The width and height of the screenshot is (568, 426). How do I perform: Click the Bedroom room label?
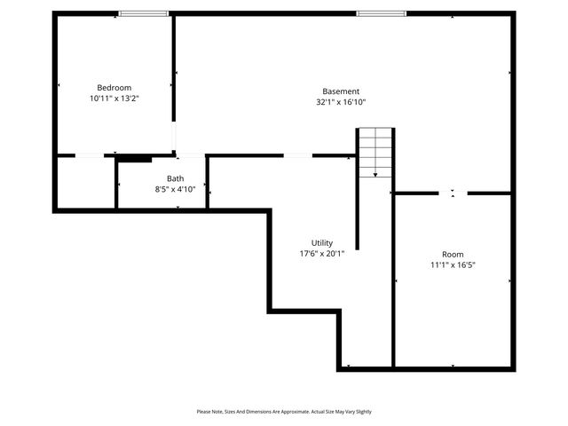114,87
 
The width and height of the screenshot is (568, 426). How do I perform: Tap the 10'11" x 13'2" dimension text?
114,99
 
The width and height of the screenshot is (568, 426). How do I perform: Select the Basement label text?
341,91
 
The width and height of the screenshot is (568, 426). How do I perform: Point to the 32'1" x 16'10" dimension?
341,102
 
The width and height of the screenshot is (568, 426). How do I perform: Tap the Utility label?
322,242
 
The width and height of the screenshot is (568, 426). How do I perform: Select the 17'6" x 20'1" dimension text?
322,253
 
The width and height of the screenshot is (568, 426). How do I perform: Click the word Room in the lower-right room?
453,254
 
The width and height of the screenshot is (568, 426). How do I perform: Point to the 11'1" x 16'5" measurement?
453,264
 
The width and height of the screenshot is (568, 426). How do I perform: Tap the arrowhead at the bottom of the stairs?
375,175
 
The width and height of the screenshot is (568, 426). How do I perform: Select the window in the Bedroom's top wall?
144,13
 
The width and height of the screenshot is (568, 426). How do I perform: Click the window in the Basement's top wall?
382,13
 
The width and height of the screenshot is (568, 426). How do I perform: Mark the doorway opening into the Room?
453,193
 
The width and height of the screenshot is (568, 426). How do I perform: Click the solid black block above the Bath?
134,159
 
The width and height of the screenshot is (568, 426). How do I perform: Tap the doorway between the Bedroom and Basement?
175,138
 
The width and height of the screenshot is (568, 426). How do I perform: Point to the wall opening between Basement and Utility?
297,156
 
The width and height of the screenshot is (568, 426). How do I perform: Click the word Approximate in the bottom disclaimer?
294,412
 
